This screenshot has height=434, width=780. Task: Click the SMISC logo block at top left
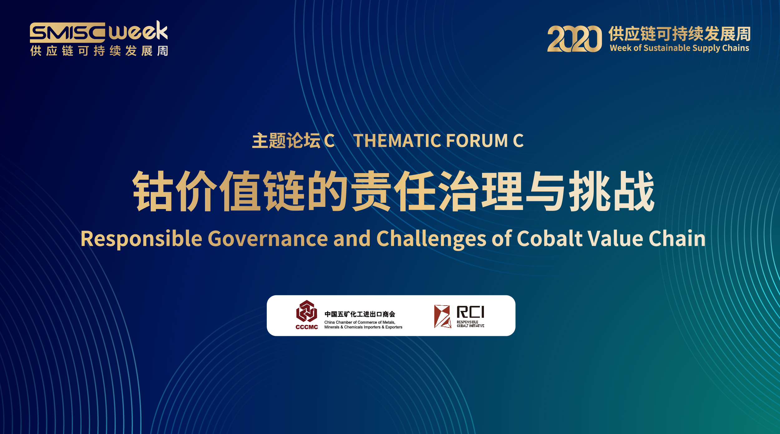67,32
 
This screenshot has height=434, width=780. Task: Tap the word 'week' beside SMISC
138,31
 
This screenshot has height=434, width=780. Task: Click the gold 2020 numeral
574,39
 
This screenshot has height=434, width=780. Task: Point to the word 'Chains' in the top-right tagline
735,48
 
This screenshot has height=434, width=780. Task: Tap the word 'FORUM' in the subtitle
477,141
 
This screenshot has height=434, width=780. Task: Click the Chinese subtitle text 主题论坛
286,141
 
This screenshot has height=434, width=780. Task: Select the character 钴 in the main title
153,191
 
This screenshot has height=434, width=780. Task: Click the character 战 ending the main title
634,191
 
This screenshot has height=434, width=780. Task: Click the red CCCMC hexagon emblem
307,311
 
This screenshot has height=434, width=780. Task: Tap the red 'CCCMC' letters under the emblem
307,327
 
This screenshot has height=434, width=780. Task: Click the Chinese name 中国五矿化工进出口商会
360,314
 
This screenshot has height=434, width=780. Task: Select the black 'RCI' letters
470,312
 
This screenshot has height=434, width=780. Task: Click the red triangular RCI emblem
442,317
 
